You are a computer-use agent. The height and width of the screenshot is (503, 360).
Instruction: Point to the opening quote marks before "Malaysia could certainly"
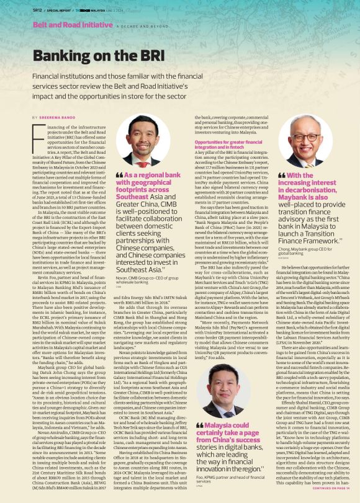tap(199, 407)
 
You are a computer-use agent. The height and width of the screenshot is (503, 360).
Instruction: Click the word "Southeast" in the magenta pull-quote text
tap(132, 195)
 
